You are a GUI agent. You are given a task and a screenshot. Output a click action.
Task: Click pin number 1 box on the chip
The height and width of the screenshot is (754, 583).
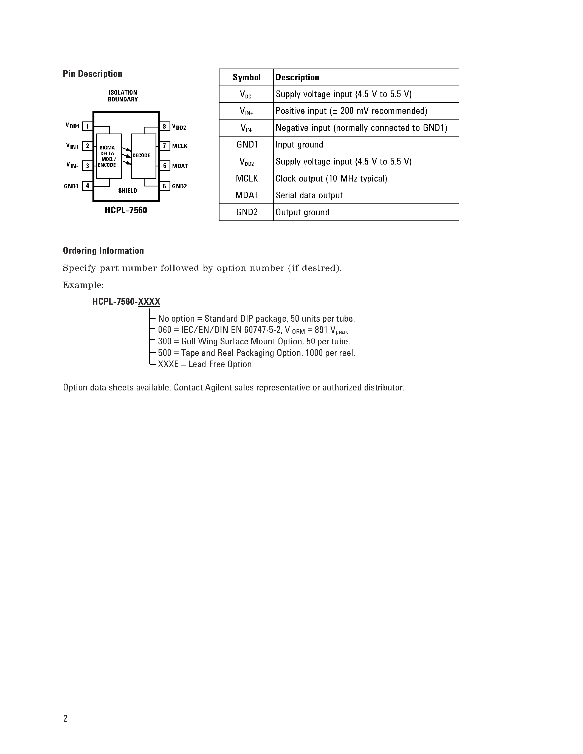coord(87,126)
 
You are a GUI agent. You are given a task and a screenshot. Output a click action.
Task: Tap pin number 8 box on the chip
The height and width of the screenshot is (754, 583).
coord(164,126)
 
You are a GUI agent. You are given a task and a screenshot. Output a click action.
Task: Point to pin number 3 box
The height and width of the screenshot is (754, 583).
coord(87,166)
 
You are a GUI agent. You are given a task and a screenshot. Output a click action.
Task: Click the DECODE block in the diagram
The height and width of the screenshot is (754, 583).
coord(143,156)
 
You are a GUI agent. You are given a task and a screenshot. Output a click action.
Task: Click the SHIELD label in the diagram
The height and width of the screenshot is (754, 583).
coord(128,191)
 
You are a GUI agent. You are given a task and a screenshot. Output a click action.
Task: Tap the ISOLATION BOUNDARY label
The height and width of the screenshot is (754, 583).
coord(123,96)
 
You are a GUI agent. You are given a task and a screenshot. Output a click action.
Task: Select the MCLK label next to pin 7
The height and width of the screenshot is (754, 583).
coord(180,146)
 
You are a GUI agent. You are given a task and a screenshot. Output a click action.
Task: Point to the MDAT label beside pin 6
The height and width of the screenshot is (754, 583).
coord(180,166)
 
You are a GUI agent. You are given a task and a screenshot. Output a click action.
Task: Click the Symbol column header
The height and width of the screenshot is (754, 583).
coord(246,77)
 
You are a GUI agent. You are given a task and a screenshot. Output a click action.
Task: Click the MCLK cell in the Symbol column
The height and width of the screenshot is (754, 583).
coord(247,178)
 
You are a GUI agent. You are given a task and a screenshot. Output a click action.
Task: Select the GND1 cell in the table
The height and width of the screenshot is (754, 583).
coord(247,145)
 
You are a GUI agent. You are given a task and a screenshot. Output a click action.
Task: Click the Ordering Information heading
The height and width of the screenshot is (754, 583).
coord(103,251)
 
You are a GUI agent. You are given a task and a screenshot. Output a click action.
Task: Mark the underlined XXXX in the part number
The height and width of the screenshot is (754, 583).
coord(149,302)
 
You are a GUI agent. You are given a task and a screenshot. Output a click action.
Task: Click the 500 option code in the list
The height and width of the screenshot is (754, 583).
coord(164,353)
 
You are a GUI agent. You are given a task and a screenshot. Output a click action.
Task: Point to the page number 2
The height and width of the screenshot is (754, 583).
coord(65,718)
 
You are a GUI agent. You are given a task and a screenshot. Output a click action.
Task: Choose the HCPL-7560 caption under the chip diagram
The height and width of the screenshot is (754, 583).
coord(126,210)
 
